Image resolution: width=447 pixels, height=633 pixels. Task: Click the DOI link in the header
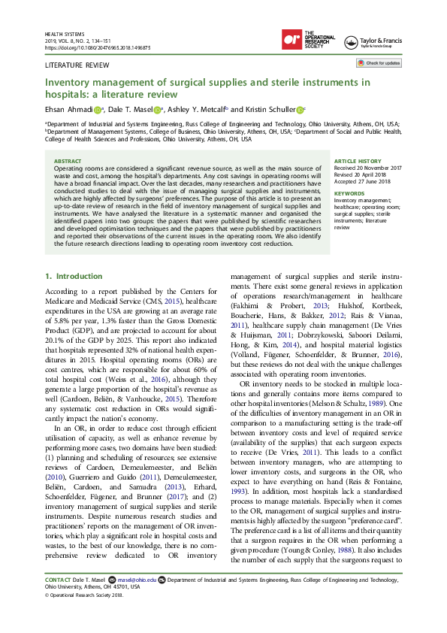pos(98,47)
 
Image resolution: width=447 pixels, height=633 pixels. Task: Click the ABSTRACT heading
pos(68,161)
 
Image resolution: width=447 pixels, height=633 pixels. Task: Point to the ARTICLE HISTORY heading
pos(358,161)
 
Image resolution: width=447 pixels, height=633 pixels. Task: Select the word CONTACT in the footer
pos(58,601)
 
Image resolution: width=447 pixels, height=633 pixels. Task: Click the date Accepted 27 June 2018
pos(363,181)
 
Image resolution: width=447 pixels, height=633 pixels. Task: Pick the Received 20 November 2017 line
pos(368,168)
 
